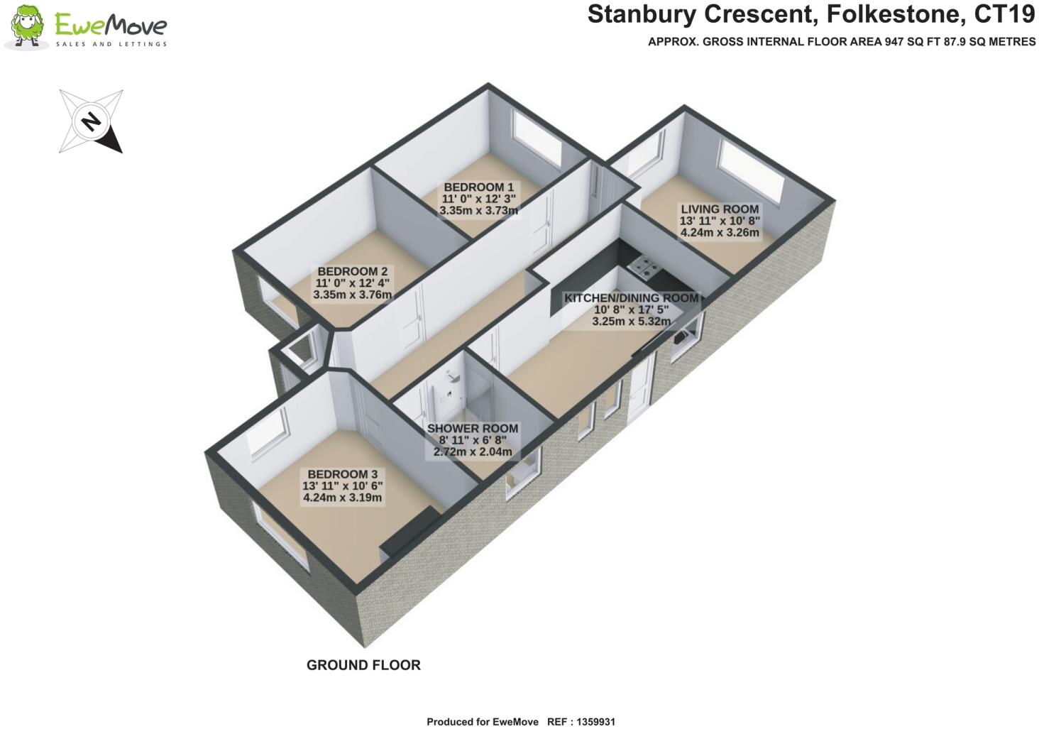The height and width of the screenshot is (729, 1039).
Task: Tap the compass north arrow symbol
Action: tap(92, 121)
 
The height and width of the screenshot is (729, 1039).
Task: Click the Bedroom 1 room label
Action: tap(478, 187)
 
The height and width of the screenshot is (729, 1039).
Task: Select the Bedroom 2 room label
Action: tap(352, 272)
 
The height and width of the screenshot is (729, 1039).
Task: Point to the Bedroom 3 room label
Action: tap(342, 474)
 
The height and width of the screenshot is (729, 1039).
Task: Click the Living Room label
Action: tap(720, 209)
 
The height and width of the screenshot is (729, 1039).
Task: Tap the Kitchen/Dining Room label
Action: tap(631, 298)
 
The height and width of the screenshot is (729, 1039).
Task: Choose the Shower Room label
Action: tap(472, 429)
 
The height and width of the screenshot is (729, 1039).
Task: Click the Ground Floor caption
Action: tap(363, 665)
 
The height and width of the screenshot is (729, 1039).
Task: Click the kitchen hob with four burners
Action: tap(647, 268)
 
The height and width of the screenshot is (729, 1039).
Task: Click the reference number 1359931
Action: tap(591, 722)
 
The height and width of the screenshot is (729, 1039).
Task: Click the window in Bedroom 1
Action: tap(537, 138)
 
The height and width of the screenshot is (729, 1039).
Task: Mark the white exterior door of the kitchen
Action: tap(640, 387)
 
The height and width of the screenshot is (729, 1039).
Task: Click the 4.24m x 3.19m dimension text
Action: tap(342, 498)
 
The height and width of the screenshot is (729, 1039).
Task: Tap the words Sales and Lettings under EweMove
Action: tap(111, 44)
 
